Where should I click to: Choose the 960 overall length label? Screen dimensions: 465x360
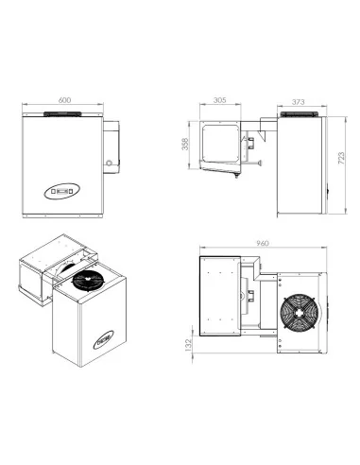(x=262, y=244)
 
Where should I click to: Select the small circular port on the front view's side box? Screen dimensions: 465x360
(x=110, y=164)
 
